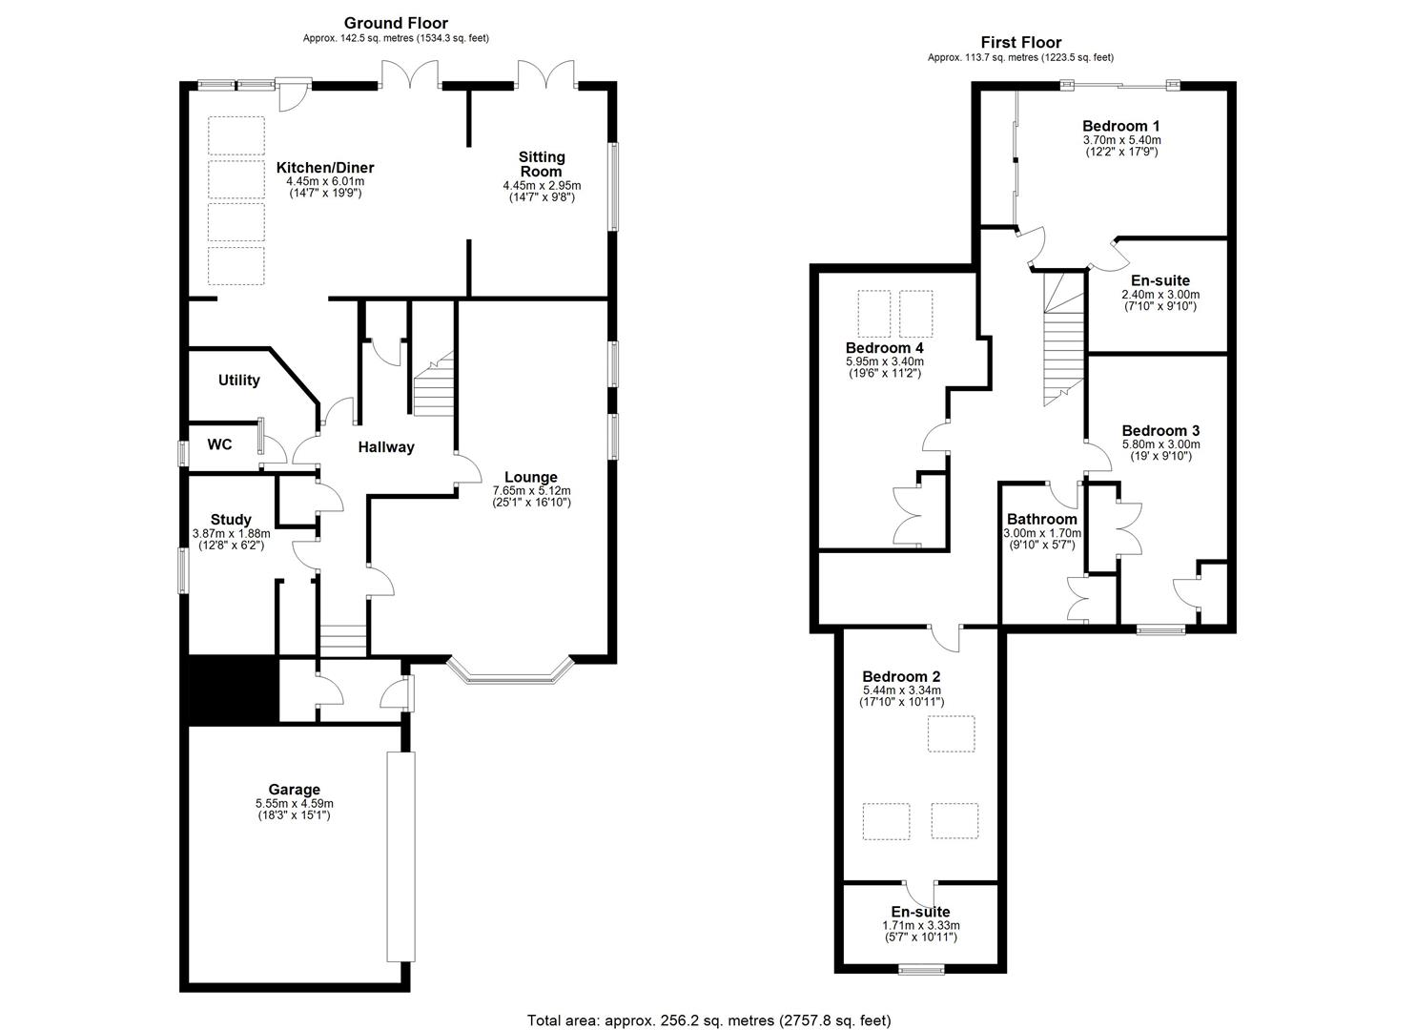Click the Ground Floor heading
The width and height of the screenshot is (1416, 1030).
pos(396,23)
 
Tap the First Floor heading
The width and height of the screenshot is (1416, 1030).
pos(1020,42)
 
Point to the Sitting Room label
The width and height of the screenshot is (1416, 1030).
pos(542,164)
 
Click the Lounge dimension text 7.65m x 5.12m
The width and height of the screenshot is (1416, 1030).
pos(531,490)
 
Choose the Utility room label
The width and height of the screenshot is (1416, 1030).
pos(238,381)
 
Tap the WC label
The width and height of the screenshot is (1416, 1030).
pos(219,445)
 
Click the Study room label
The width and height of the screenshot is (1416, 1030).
pos(231,520)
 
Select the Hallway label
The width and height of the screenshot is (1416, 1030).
pos(386,447)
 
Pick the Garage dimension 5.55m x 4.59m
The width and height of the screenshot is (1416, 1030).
pos(294,803)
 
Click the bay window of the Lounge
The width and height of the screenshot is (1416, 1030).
pos(509,676)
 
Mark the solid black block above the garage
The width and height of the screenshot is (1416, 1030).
pos(233,690)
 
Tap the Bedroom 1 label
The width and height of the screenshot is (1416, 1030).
pos(1120,126)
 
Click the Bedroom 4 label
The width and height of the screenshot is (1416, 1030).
pos(884,348)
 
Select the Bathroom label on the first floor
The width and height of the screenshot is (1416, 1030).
pos(1041,520)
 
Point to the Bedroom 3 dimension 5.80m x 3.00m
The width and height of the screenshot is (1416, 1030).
pos(1160,444)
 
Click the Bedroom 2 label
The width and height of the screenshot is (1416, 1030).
pos(901,676)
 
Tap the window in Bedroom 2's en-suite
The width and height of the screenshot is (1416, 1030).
pos(921,970)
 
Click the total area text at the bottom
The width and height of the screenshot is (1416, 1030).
pos(708,1020)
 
